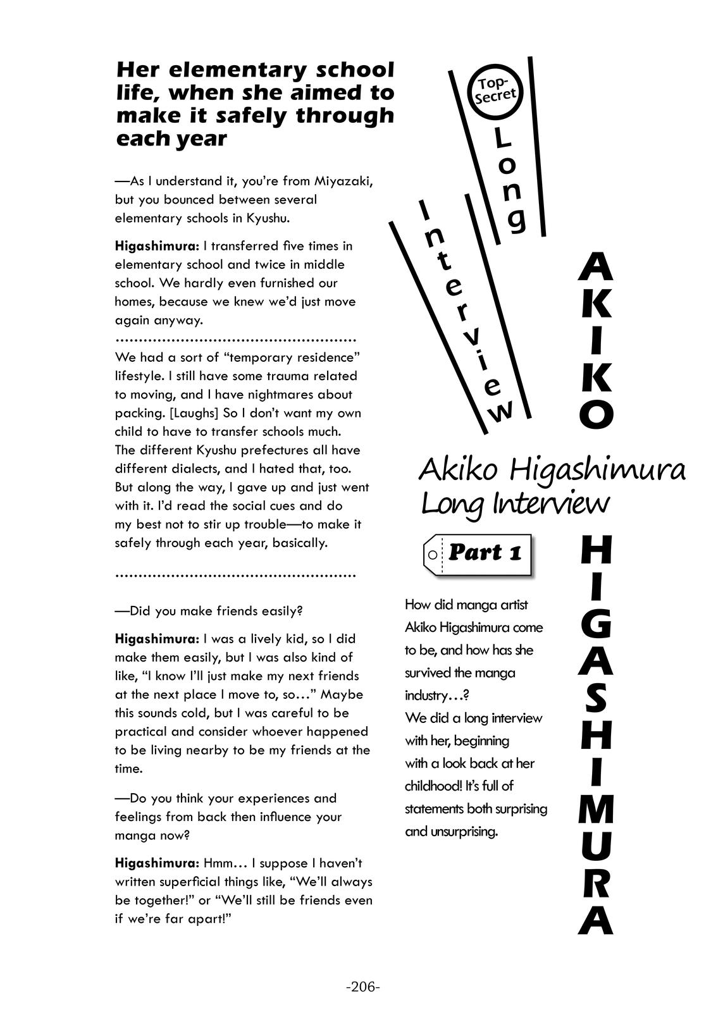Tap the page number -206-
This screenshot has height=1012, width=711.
point(363,987)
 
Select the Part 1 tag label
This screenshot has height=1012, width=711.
point(478,553)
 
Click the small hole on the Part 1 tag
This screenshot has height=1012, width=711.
point(432,555)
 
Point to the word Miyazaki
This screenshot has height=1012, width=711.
point(342,181)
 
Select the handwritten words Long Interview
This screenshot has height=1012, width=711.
point(514,504)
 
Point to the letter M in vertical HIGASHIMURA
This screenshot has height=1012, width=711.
point(596,807)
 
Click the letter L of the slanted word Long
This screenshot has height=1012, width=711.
point(502,136)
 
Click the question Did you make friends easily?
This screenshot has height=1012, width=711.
point(209,611)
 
